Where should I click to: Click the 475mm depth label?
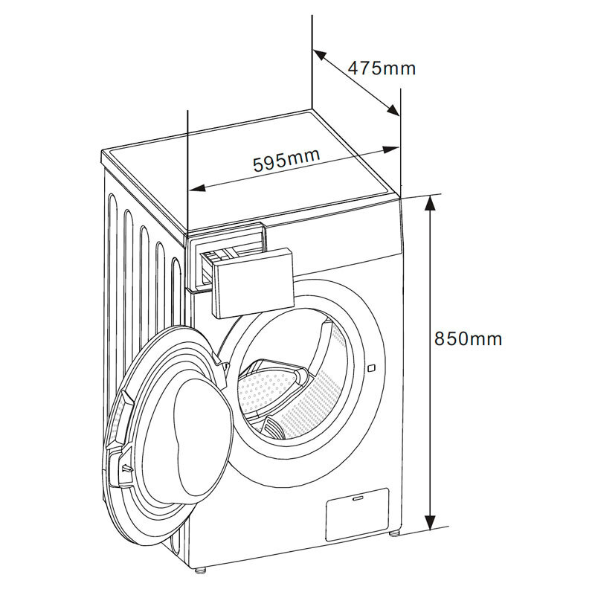(x=382, y=69)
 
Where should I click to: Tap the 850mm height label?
(x=468, y=339)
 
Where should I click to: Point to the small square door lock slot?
(x=371, y=367)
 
